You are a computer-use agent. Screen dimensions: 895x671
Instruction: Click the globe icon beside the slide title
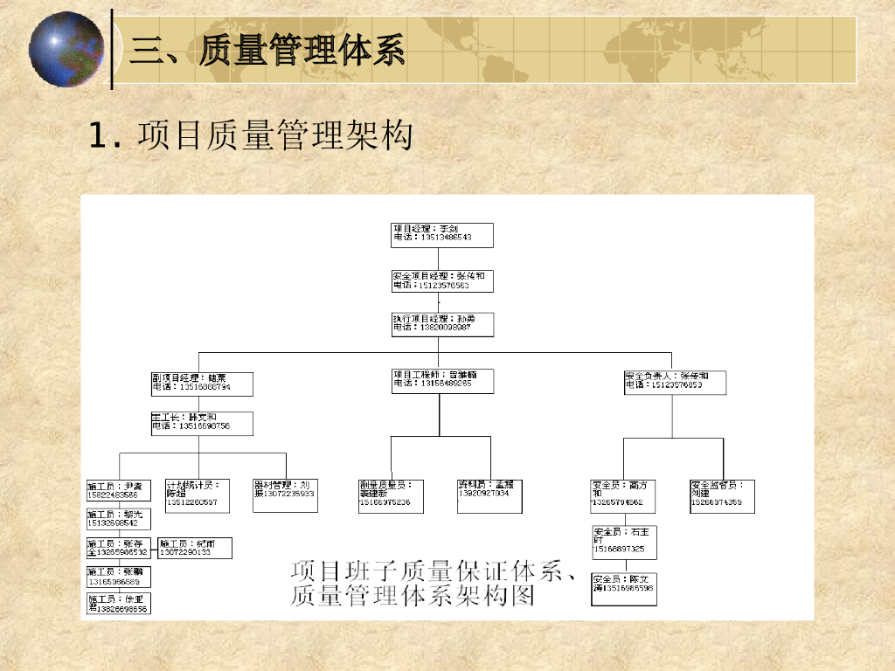pos(66,49)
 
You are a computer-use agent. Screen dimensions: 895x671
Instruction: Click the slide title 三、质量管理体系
pos(267,51)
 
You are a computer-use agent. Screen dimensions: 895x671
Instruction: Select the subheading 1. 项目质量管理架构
pos(250,136)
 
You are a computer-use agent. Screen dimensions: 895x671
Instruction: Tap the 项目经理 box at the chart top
pos(441,234)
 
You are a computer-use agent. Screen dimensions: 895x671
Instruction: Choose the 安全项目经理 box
pos(441,280)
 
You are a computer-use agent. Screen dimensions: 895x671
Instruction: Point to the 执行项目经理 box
pos(441,324)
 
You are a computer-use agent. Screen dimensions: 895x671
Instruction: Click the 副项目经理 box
pos(202,384)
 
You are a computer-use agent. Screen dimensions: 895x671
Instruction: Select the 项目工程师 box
pos(441,380)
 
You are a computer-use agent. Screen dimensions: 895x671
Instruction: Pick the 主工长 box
pos(202,423)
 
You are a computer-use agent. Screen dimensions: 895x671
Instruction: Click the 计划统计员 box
pos(198,495)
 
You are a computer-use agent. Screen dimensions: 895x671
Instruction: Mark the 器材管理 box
pos(285,495)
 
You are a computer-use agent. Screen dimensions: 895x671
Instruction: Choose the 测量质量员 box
pos(391,495)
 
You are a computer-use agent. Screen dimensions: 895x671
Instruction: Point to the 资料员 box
pos(489,495)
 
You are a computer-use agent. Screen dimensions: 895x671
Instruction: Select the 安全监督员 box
pos(722,495)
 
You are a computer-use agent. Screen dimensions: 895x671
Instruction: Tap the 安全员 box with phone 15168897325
pos(624,543)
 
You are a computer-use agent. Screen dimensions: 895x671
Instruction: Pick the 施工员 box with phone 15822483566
pos(118,490)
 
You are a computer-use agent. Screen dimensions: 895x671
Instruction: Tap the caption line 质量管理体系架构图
pos(412,598)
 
